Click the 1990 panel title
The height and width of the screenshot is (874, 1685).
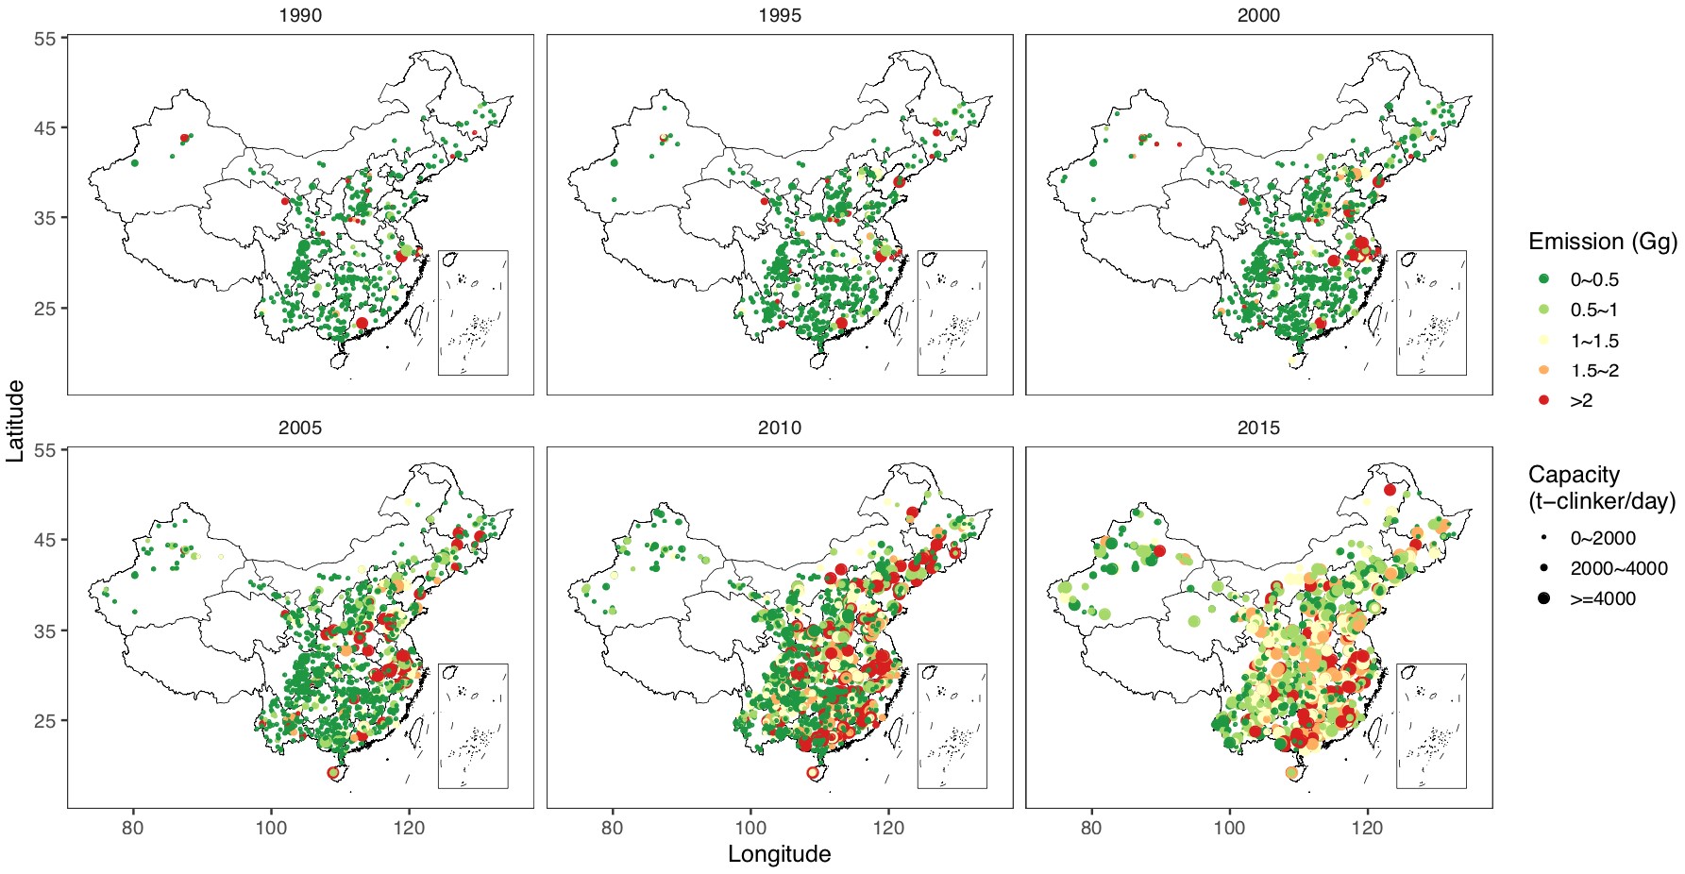(x=300, y=16)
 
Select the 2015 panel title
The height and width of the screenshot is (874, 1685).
(x=1258, y=429)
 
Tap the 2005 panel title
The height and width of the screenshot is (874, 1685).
(x=300, y=429)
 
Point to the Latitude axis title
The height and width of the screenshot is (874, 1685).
(x=15, y=421)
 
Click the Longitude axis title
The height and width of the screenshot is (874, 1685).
(x=779, y=854)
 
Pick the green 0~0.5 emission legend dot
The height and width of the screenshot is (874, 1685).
(x=1543, y=279)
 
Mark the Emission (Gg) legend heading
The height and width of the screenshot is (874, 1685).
(x=1602, y=242)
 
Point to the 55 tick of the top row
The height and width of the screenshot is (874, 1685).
(x=44, y=38)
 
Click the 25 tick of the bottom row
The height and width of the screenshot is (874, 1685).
(x=44, y=721)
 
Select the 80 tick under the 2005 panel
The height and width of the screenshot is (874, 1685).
(x=133, y=829)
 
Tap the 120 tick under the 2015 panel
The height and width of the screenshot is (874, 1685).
(x=1367, y=829)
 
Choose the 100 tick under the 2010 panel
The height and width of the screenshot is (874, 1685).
(x=750, y=829)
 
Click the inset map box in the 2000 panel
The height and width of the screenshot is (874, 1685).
(x=1431, y=312)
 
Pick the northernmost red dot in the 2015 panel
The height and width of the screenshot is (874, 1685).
(x=1390, y=489)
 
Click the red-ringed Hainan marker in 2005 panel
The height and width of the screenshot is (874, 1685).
(x=332, y=772)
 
